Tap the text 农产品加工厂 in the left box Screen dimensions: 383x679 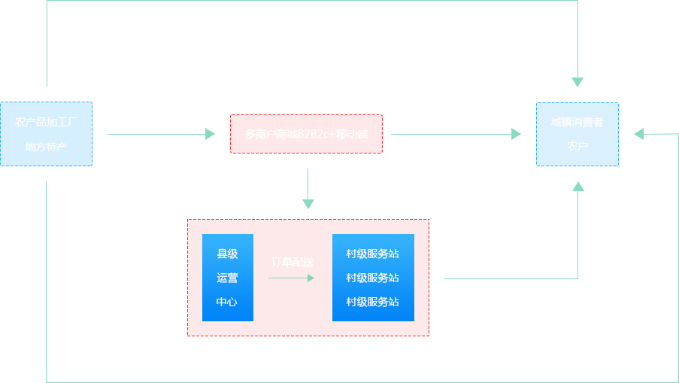(47, 122)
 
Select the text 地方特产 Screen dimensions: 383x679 (46, 146)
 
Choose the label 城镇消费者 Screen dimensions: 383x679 (577, 122)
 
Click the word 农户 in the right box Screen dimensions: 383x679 (577, 146)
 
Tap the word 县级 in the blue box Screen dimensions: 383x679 (227, 254)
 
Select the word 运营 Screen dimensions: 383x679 (227, 278)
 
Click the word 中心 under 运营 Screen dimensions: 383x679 (227, 302)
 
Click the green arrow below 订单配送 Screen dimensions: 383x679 (292, 278)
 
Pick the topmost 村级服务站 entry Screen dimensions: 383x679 (372, 254)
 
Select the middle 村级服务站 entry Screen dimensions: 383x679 (372, 278)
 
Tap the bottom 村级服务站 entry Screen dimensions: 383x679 (372, 302)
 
